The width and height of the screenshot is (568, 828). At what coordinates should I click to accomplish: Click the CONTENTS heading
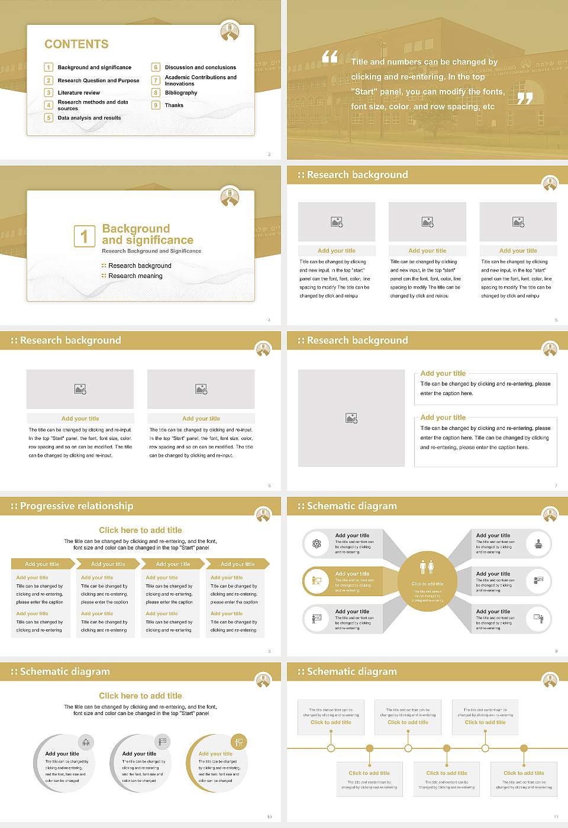76,44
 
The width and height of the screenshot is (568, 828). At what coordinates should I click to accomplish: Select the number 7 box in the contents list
156,80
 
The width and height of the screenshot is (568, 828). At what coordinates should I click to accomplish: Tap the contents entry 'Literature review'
79,93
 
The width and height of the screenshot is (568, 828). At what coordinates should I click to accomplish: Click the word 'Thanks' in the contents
174,105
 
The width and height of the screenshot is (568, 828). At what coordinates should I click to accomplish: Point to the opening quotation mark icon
330,57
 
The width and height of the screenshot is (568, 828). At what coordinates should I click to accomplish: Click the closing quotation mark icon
525,98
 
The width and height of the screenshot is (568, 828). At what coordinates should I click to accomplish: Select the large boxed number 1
84,236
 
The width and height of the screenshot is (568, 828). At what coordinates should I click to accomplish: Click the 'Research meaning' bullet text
135,276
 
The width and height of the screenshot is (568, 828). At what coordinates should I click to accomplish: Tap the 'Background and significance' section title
147,234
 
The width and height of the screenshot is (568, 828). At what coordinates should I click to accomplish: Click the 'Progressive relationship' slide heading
76,506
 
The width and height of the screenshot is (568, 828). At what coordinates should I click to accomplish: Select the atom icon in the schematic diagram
317,544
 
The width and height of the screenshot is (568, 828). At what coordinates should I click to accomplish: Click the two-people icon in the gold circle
427,567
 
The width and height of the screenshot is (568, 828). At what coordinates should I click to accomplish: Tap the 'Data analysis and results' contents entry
89,118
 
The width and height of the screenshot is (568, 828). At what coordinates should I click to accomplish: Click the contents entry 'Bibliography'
181,93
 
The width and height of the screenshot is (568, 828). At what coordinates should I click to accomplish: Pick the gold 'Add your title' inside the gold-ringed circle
215,754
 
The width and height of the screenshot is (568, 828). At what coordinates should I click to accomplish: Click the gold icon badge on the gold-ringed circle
239,742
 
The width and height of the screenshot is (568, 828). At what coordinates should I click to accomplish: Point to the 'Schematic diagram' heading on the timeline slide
351,672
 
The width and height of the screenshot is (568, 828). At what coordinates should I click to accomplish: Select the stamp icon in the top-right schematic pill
538,544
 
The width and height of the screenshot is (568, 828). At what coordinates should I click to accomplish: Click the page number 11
556,817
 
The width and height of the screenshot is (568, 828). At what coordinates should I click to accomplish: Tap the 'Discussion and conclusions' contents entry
200,67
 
